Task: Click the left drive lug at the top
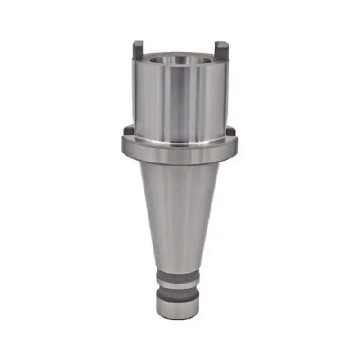pos(138,51)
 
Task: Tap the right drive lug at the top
pos(221,52)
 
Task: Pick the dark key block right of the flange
pos(231,131)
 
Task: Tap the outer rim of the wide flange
pos(180,153)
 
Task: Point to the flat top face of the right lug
pos(221,44)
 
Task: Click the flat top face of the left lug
pos(138,43)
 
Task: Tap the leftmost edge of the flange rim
pos(123,146)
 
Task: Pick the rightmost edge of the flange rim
pos(237,146)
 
